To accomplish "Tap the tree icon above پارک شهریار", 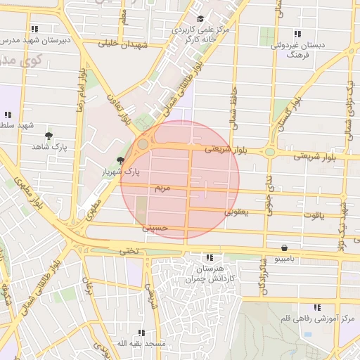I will [x=121, y=160].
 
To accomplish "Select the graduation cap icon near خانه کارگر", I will [x=200, y=19].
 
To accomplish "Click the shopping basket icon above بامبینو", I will [x=284, y=247].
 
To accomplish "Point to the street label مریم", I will [x=162, y=188].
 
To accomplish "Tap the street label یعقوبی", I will [x=237, y=211].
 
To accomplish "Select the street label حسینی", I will [x=155, y=228].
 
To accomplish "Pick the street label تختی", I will [x=129, y=250].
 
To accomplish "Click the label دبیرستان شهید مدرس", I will [x=35, y=40].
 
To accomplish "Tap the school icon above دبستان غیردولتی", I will [x=297, y=34].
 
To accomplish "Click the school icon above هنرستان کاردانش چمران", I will [x=208, y=258].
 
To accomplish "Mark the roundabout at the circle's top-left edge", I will [x=143, y=144].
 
